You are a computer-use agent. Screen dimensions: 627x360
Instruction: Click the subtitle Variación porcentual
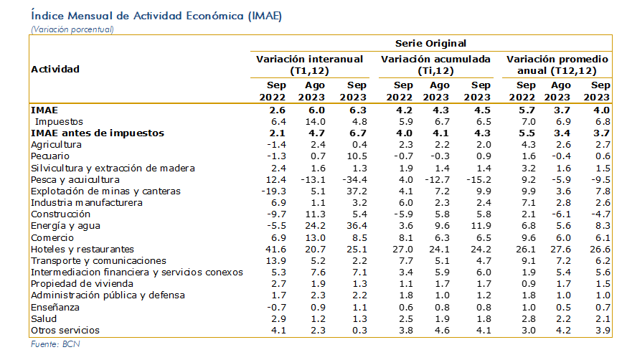coord(72,29)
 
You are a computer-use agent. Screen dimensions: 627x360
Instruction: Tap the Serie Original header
coord(430,44)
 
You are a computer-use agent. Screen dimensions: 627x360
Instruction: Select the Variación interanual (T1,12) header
coord(309,65)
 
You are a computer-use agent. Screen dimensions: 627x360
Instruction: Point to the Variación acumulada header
coord(435,65)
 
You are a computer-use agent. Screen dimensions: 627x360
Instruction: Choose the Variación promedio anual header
coord(557,65)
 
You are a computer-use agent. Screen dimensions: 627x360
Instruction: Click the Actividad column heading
coord(55,69)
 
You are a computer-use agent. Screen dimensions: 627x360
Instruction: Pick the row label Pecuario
coord(50,156)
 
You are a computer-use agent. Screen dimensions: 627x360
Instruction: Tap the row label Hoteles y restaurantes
coord(82,250)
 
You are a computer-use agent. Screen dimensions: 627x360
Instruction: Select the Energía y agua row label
coord(65,226)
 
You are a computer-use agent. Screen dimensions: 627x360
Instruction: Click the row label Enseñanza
coord(55,307)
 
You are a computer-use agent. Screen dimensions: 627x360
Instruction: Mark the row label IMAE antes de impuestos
coord(98,133)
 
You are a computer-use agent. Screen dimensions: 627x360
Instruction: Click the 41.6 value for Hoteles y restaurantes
coord(275,250)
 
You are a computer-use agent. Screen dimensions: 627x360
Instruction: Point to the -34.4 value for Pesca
coord(354,180)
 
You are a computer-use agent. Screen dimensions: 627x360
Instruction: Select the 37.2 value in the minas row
coord(357,191)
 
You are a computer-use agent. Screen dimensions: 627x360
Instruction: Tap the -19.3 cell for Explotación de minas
coord(273,191)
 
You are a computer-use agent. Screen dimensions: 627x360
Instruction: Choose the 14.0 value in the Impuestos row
coord(315,122)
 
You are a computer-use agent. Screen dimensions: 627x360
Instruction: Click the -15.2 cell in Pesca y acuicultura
coord(479,180)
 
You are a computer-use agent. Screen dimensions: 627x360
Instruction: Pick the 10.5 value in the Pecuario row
coord(357,156)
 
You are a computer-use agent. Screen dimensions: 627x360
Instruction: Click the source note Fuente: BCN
coord(55,344)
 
